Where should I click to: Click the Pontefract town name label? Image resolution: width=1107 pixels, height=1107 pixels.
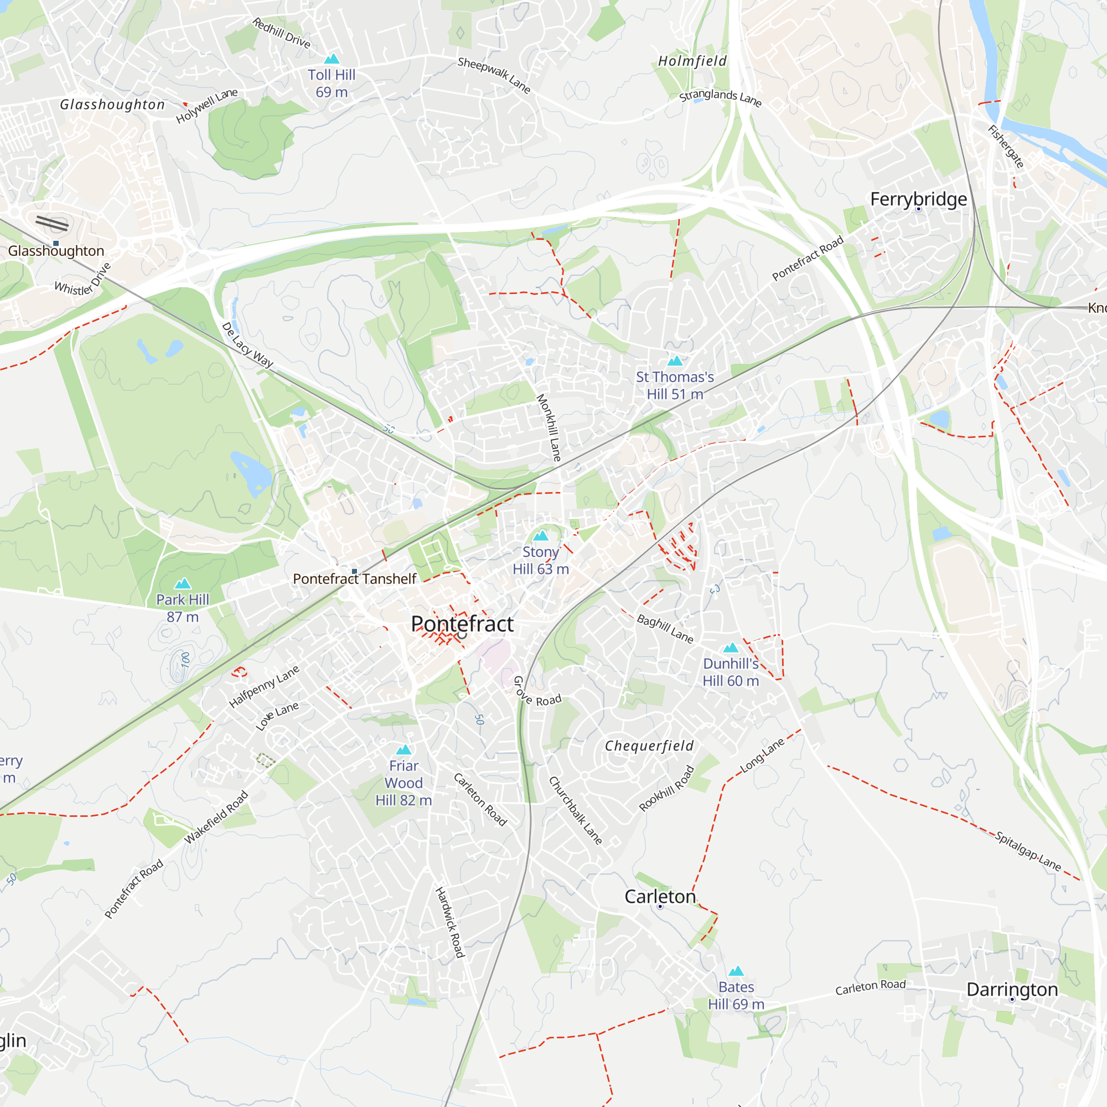point(462,624)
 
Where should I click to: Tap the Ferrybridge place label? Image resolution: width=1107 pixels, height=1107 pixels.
point(918,199)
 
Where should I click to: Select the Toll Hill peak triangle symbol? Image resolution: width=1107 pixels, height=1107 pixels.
point(332,59)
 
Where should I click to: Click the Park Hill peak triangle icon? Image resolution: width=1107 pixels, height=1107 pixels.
point(183,584)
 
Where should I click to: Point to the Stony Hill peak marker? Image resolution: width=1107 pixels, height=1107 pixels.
point(540,536)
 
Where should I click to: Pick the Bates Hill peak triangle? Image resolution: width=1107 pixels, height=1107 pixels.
point(736,971)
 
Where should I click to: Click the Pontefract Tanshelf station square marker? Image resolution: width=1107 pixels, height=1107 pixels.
point(355,571)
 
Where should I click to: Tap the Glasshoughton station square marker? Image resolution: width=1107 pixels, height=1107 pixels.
point(56,244)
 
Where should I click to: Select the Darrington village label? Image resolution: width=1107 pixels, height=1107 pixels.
point(1012,989)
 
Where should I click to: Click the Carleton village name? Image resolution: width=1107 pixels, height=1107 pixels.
point(660,896)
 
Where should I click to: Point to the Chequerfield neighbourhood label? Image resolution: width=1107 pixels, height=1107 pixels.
point(649,746)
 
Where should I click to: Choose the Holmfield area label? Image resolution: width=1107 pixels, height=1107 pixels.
point(692,61)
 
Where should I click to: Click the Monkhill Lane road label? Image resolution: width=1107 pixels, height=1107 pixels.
point(549,427)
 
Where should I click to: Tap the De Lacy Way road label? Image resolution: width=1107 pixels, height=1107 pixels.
point(247,344)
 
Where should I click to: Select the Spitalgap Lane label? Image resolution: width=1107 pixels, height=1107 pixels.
point(1028,851)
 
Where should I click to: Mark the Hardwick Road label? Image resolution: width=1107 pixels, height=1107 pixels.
point(449,922)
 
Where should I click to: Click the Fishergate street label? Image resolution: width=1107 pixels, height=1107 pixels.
point(1006,147)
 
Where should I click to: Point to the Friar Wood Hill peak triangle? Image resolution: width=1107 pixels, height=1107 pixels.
point(404,749)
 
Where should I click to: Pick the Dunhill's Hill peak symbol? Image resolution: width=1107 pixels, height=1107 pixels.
point(731,648)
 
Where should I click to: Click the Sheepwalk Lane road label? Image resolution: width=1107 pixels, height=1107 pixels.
point(494,75)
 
